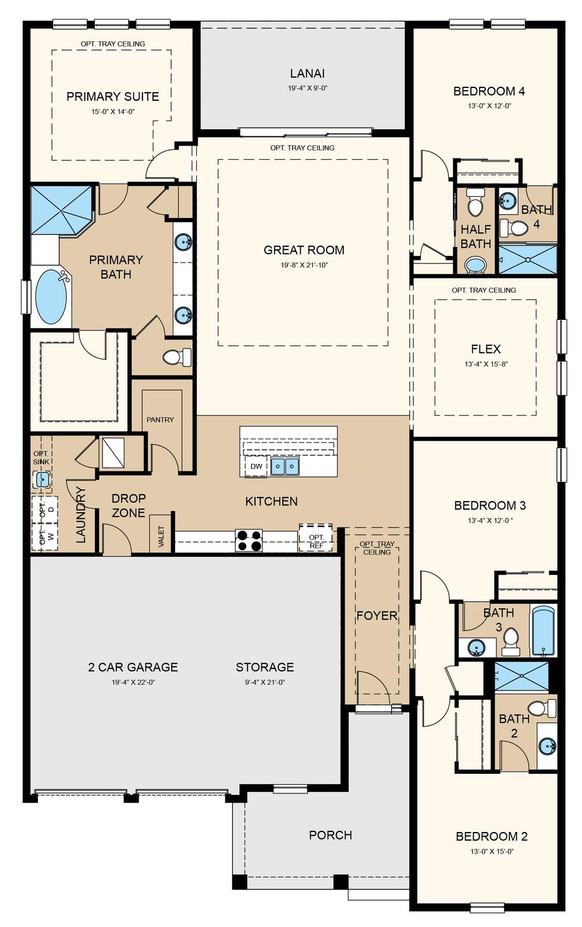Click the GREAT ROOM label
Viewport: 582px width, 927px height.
[x=304, y=250]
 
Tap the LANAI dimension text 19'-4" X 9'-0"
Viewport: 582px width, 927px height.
[x=307, y=88]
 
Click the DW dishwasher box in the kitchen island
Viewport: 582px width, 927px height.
[x=256, y=466]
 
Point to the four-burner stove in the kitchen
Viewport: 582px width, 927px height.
[x=249, y=541]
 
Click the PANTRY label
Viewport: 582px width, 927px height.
[x=160, y=420]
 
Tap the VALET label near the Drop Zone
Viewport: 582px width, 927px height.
[x=161, y=537]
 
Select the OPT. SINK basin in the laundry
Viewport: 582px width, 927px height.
[x=42, y=480]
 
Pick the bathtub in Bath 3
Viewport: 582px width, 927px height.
[x=543, y=631]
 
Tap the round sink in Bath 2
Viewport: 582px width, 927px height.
[x=547, y=746]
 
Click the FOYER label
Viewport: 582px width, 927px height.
[x=377, y=615]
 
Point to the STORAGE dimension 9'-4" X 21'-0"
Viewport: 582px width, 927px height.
[x=265, y=682]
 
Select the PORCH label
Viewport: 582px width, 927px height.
[x=331, y=835]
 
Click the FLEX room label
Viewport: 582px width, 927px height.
[x=486, y=349]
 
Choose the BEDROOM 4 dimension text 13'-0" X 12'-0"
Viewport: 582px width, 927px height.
[x=489, y=105]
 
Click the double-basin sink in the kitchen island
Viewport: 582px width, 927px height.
[x=285, y=466]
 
